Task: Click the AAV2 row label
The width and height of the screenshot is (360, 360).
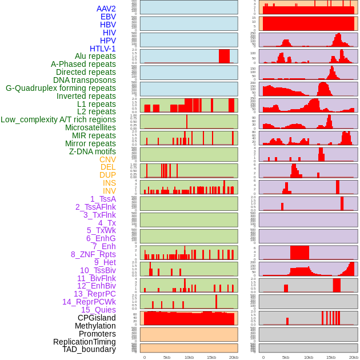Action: point(106,9)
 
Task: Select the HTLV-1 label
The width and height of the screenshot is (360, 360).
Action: point(102,49)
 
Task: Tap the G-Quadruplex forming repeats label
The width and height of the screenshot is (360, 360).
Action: point(61,88)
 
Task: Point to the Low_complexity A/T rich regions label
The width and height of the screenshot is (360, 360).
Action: point(58,119)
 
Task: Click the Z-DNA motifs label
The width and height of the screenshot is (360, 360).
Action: point(92,151)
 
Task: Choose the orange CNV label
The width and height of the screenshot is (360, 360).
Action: point(107,159)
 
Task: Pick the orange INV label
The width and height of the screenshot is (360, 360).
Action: point(109,191)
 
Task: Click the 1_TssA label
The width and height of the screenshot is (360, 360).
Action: point(103,199)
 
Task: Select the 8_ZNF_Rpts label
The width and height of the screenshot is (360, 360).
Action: point(93,254)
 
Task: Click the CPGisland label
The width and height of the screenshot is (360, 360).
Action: point(97,318)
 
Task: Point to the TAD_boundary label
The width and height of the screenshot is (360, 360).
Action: point(89,349)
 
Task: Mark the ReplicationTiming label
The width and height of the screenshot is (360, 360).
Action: point(85,342)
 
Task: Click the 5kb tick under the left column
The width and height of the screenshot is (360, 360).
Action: point(167,357)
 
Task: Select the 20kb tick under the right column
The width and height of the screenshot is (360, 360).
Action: point(354,357)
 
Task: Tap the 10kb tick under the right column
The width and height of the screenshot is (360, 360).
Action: point(308,357)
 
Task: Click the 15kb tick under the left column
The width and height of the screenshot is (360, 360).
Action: point(211,357)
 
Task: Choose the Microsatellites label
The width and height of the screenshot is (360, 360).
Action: point(90,127)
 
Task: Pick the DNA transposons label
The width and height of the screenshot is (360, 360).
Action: point(85,80)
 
